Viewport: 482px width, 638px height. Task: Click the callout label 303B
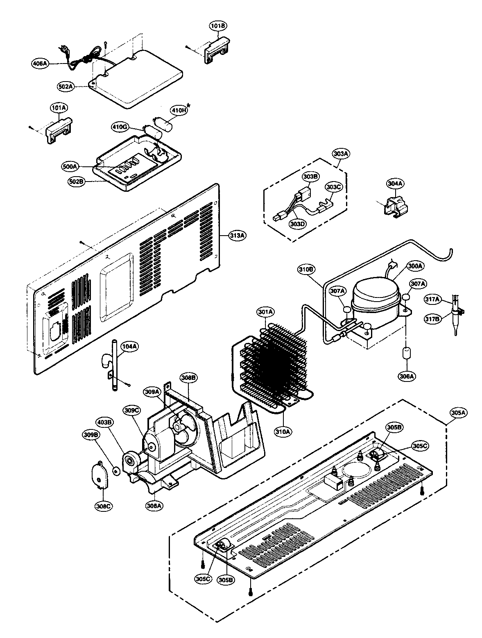point(310,177)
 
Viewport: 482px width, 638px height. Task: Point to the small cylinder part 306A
point(406,354)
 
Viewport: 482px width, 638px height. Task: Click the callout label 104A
point(130,346)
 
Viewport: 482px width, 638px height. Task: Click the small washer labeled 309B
point(116,471)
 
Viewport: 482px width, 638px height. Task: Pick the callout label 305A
point(459,413)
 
